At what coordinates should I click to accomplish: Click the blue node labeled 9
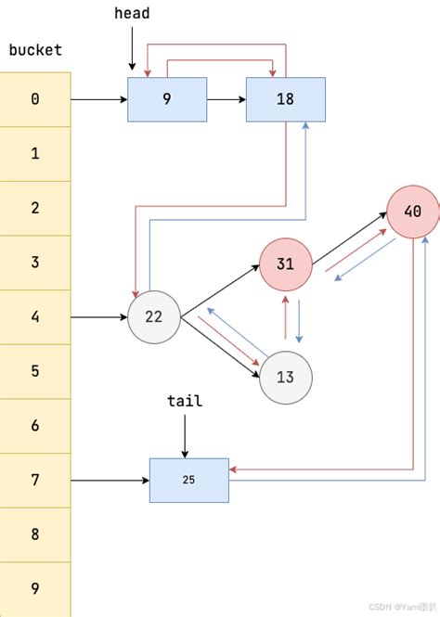click(166, 98)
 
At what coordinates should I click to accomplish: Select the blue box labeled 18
click(285, 98)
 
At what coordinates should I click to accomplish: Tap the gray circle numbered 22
click(153, 317)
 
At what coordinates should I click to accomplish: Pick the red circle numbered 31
click(285, 264)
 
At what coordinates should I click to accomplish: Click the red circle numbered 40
click(412, 212)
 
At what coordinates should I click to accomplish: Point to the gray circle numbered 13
click(285, 377)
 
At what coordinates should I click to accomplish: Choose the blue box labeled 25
click(188, 481)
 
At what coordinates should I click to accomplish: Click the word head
click(132, 14)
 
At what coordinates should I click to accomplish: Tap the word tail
click(185, 401)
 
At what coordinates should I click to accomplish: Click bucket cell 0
click(35, 98)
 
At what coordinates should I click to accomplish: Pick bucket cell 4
click(35, 317)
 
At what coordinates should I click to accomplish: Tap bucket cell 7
click(35, 481)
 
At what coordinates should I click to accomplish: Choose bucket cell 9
click(35, 588)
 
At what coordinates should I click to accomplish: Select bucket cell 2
click(35, 208)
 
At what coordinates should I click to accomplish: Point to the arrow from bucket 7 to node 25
click(110, 481)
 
